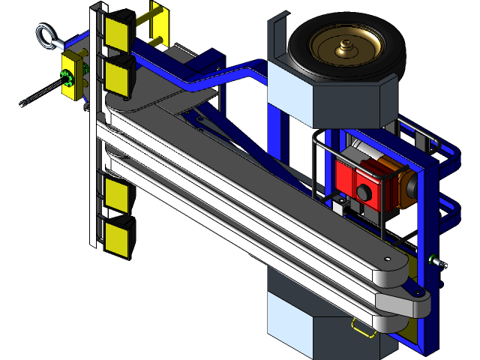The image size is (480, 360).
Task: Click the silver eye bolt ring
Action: click(x=43, y=34)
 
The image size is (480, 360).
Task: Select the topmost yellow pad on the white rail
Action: click(x=118, y=32)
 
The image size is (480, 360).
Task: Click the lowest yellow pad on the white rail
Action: click(x=118, y=236)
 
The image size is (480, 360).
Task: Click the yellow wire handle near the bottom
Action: click(x=363, y=328)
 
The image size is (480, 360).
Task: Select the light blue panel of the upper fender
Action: click(x=289, y=96)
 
